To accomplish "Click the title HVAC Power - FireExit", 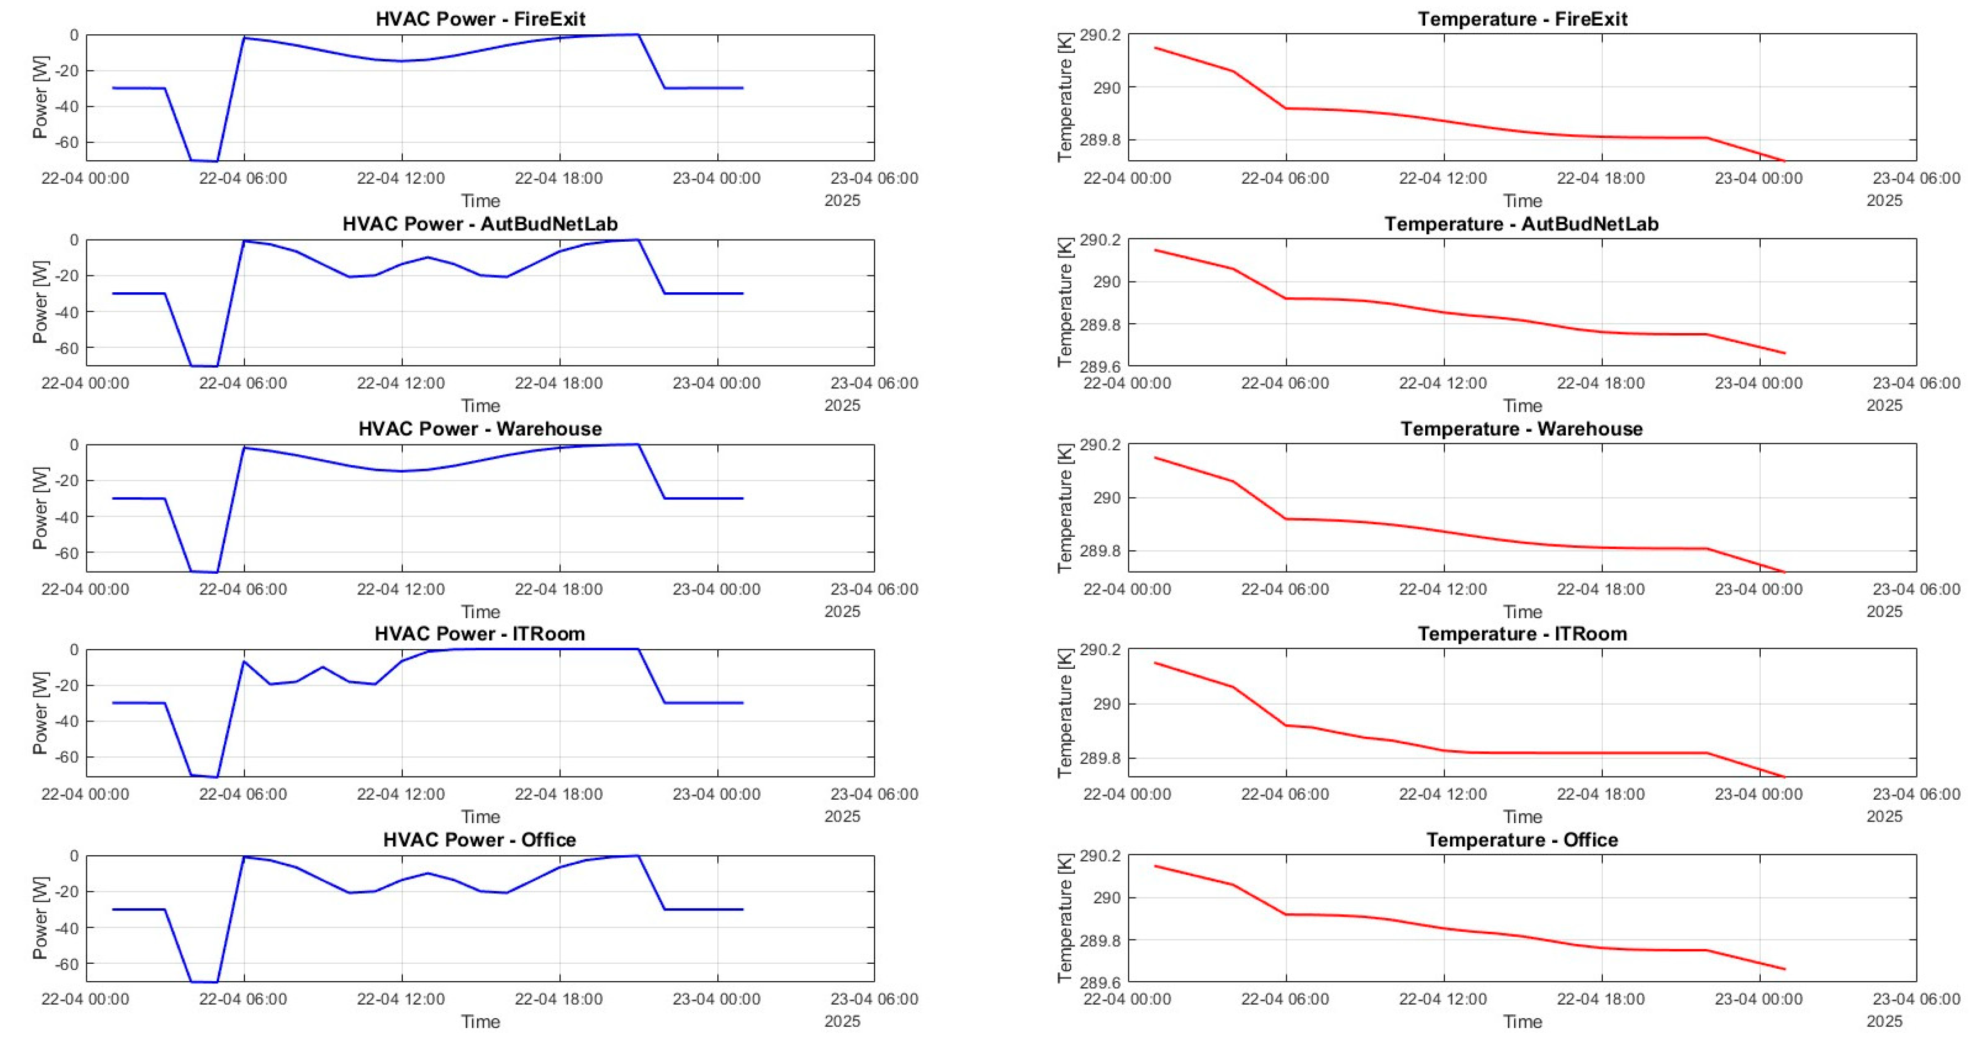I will (x=480, y=18).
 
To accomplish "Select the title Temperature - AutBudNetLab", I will (x=1522, y=224).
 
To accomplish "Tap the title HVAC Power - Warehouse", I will (x=480, y=429).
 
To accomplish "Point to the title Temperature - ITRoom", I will (x=1522, y=634).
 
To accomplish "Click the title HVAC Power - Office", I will (x=480, y=839).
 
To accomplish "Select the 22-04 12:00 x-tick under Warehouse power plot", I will (x=401, y=589).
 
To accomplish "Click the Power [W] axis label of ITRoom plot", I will (x=40, y=712).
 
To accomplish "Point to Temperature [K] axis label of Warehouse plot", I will (x=1065, y=507).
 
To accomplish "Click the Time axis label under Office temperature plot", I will (x=1522, y=1021).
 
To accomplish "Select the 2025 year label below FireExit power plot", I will (x=842, y=200).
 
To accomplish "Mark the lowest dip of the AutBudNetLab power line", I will (x=204, y=366).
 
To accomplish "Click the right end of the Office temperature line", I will (x=1785, y=969).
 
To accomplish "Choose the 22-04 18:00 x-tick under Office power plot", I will (x=559, y=999).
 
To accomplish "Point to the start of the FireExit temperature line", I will (x=1154, y=48).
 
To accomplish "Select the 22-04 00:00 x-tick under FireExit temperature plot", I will (x=1127, y=178).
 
